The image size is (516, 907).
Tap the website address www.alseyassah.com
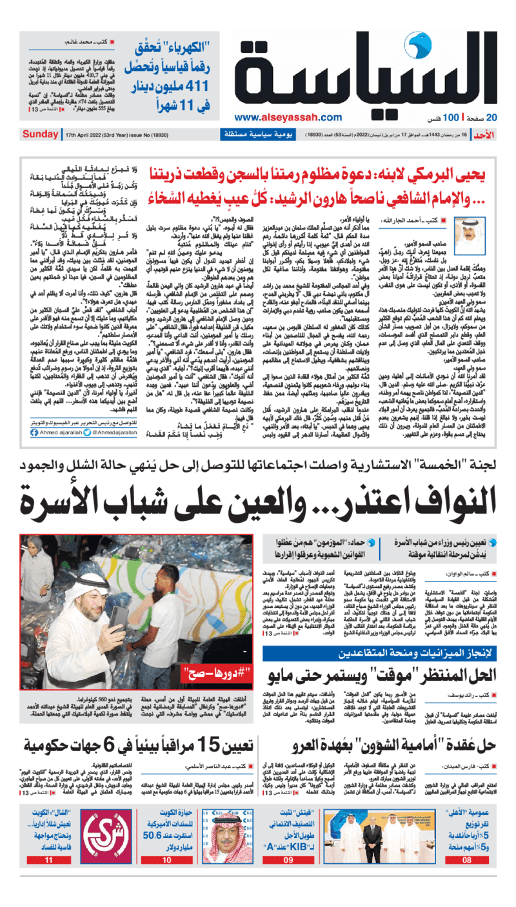[288, 117]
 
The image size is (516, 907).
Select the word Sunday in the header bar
[40, 134]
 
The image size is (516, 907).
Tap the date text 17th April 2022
[88, 135]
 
